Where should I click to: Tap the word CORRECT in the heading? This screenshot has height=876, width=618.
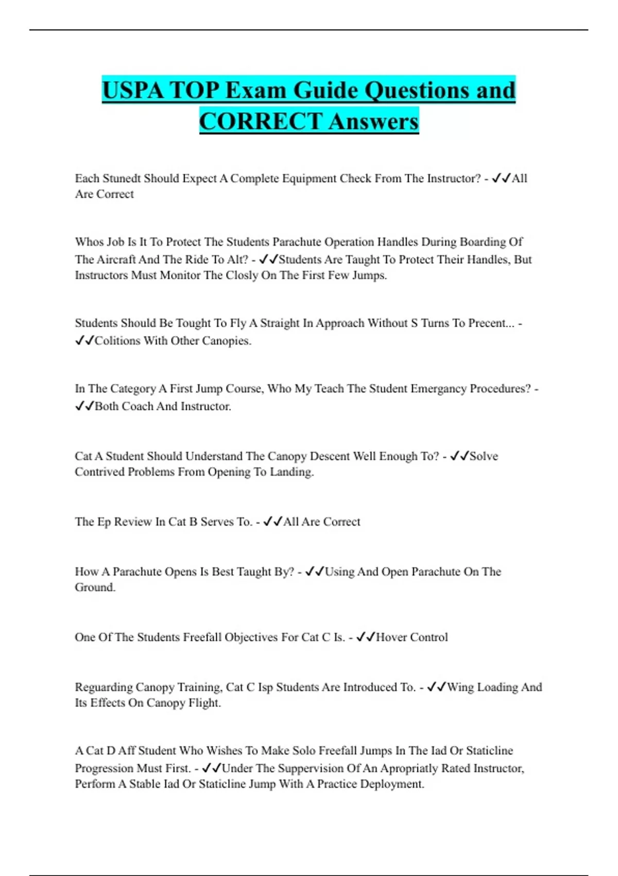click(261, 122)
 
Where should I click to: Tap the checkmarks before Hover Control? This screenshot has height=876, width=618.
click(365, 637)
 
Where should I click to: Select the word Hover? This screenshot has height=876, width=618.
click(391, 637)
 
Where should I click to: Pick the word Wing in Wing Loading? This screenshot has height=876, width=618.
click(460, 687)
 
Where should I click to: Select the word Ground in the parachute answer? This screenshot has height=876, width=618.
click(94, 587)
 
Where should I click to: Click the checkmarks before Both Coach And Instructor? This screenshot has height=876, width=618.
click(84, 407)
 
